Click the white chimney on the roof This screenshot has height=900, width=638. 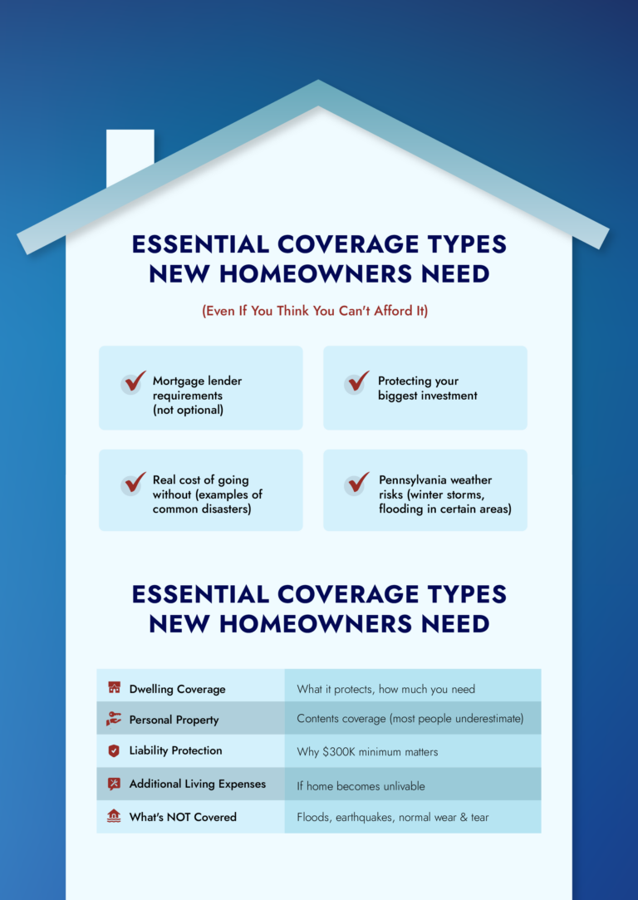pyautogui.click(x=130, y=155)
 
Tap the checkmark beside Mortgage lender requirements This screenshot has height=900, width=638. pyautogui.click(x=135, y=381)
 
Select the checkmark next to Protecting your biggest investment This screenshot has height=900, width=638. pyautogui.click(x=358, y=381)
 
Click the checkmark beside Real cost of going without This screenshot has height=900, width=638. pyautogui.click(x=135, y=484)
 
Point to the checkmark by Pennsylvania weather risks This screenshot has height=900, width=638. pyautogui.click(x=358, y=484)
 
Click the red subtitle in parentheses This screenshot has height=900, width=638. pyautogui.click(x=314, y=312)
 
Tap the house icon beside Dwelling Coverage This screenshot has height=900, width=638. pyautogui.click(x=114, y=687)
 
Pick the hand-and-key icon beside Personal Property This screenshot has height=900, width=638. pyautogui.click(x=114, y=719)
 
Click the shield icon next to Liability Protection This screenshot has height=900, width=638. pyautogui.click(x=114, y=750)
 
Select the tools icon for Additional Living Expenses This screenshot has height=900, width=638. pyautogui.click(x=114, y=784)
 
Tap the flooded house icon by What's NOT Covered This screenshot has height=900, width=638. pyautogui.click(x=114, y=816)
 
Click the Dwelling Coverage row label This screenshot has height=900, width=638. pyautogui.click(x=177, y=690)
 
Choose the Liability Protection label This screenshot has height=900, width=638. pyautogui.click(x=175, y=750)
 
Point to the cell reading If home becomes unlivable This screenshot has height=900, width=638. pyautogui.click(x=361, y=786)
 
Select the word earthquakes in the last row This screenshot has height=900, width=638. pyautogui.click(x=365, y=817)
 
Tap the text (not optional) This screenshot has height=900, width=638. pyautogui.click(x=188, y=411)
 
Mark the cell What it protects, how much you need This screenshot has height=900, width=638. pyautogui.click(x=385, y=690)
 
